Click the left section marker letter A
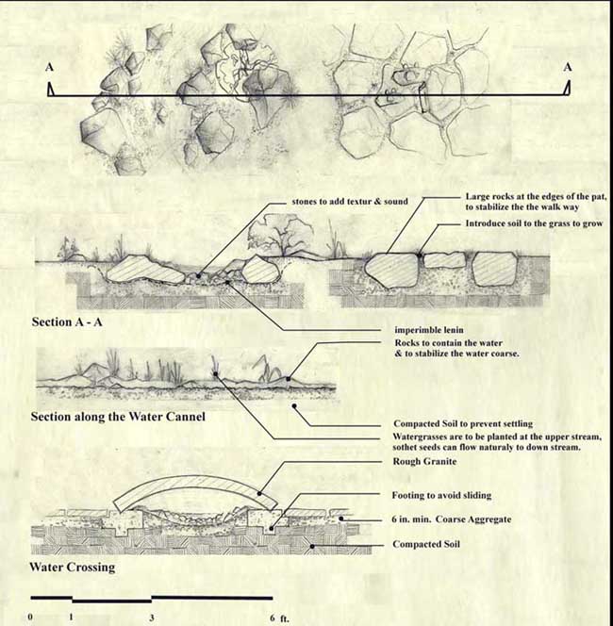coord(49,67)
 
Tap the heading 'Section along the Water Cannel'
coord(118,417)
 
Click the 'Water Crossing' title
coord(74,568)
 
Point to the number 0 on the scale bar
coord(31,618)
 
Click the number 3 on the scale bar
coord(152,618)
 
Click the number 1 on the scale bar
coord(72,618)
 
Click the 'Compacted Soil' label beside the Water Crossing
coord(430,545)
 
